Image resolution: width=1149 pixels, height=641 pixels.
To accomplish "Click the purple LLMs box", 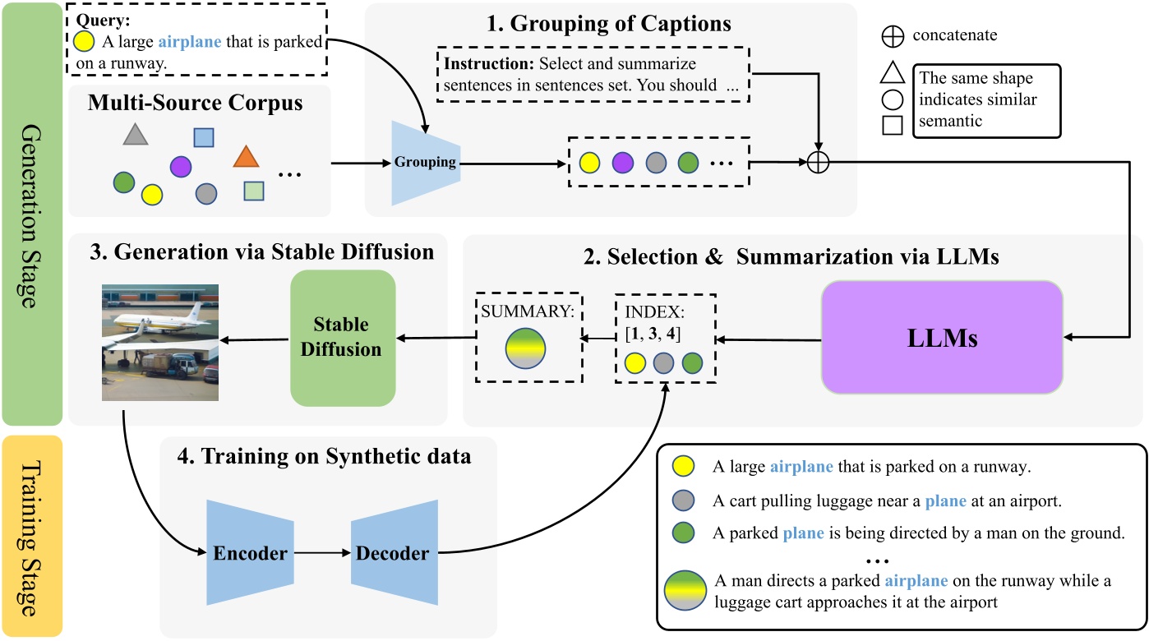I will coord(942,337).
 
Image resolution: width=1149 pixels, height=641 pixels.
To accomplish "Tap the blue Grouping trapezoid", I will coord(426,163).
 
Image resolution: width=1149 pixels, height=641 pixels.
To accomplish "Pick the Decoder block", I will coord(392,553).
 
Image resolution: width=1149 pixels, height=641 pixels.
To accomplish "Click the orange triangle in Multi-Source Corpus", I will coord(245,156).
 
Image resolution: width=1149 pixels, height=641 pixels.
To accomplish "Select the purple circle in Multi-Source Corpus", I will coord(181,168).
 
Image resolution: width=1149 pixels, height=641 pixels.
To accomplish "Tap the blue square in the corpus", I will coord(204,138).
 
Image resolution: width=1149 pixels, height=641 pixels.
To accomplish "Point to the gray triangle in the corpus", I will coord(135,135).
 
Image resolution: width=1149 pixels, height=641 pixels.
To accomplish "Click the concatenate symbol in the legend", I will coord(893,36).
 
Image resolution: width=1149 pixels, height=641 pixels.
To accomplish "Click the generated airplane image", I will coord(160,342).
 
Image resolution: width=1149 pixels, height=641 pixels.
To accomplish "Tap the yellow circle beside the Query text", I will coord(83,42).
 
